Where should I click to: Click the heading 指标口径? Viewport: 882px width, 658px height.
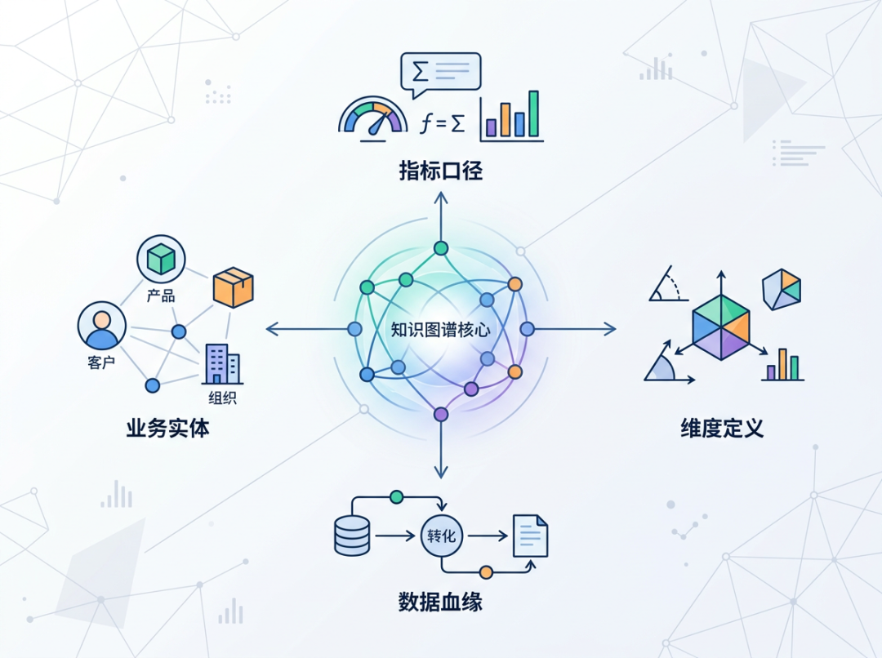point(441,171)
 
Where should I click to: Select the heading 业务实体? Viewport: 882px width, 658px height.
point(167,428)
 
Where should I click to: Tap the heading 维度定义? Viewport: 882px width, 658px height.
point(722,428)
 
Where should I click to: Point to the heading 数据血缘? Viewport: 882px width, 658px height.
point(441,602)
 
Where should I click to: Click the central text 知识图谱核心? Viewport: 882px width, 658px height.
point(440,330)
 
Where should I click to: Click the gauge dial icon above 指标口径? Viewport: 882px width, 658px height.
point(372,118)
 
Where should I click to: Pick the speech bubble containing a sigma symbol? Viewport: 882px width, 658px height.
point(440,72)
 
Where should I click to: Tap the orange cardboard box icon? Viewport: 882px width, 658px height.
point(233,287)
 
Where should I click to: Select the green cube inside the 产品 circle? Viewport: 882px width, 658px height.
point(161,260)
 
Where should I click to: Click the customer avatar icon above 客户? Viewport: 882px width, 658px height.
point(102,326)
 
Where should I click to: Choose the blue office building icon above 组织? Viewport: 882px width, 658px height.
point(222,364)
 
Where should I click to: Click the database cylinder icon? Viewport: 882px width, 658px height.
point(353,536)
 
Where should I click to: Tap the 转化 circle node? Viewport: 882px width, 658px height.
point(441,536)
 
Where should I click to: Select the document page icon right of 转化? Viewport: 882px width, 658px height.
point(530,536)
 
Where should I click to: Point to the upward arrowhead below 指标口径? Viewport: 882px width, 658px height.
point(441,196)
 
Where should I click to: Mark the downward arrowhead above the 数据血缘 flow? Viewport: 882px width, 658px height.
point(441,472)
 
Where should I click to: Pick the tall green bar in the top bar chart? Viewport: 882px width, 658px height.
point(533,114)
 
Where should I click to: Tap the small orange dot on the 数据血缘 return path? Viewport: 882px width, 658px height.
point(486,571)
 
